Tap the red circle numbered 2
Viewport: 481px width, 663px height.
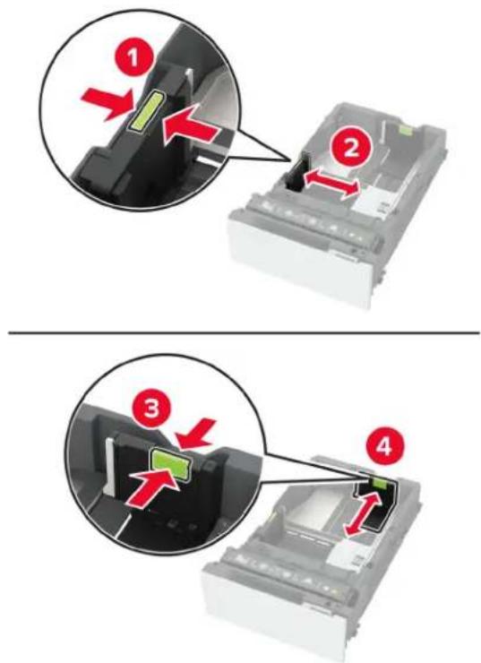[x=352, y=150]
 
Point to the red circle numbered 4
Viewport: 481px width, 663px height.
[x=384, y=448]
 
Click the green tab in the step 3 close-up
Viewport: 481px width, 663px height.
[x=171, y=464]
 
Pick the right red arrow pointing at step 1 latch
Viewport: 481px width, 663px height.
[x=190, y=125]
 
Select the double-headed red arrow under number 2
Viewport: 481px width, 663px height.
[x=333, y=183]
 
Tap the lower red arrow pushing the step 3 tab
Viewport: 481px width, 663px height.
[x=153, y=486]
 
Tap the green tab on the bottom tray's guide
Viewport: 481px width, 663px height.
[x=378, y=484]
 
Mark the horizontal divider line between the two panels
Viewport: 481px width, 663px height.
[x=245, y=333]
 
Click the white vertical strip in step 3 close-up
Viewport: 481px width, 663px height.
[x=108, y=467]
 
